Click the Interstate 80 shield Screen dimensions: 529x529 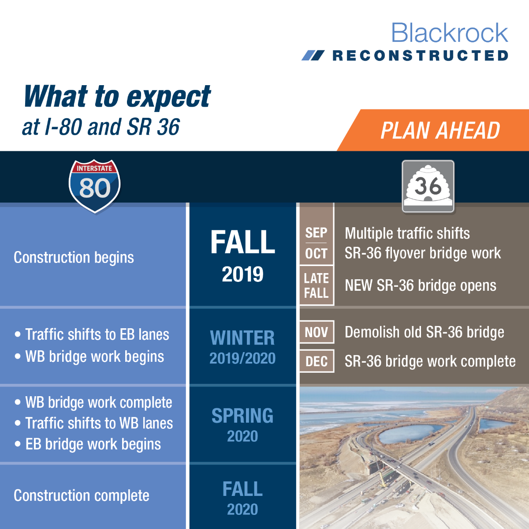tap(95, 186)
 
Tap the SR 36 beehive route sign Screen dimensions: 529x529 tap(428, 186)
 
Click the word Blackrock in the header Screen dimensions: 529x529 tap(450, 33)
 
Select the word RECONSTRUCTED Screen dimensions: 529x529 tap(420, 55)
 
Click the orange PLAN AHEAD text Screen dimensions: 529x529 tap(440, 131)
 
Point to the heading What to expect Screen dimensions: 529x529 tap(117, 97)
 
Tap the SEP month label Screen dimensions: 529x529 tap(316, 233)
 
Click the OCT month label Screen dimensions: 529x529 tap(316, 253)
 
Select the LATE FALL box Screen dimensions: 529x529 tap(317, 285)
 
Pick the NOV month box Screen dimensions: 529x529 tap(317, 332)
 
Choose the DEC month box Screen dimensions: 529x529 tap(317, 361)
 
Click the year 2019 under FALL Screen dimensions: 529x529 tap(242, 274)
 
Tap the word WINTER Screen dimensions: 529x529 tap(242, 338)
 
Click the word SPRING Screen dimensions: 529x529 tap(242, 415)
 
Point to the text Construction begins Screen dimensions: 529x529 tap(74, 258)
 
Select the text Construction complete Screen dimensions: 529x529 tap(82, 495)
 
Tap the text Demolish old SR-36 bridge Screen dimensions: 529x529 tap(425, 332)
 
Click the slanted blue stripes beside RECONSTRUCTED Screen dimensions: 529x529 tap(313, 55)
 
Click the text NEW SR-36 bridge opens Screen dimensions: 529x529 tap(421, 285)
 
